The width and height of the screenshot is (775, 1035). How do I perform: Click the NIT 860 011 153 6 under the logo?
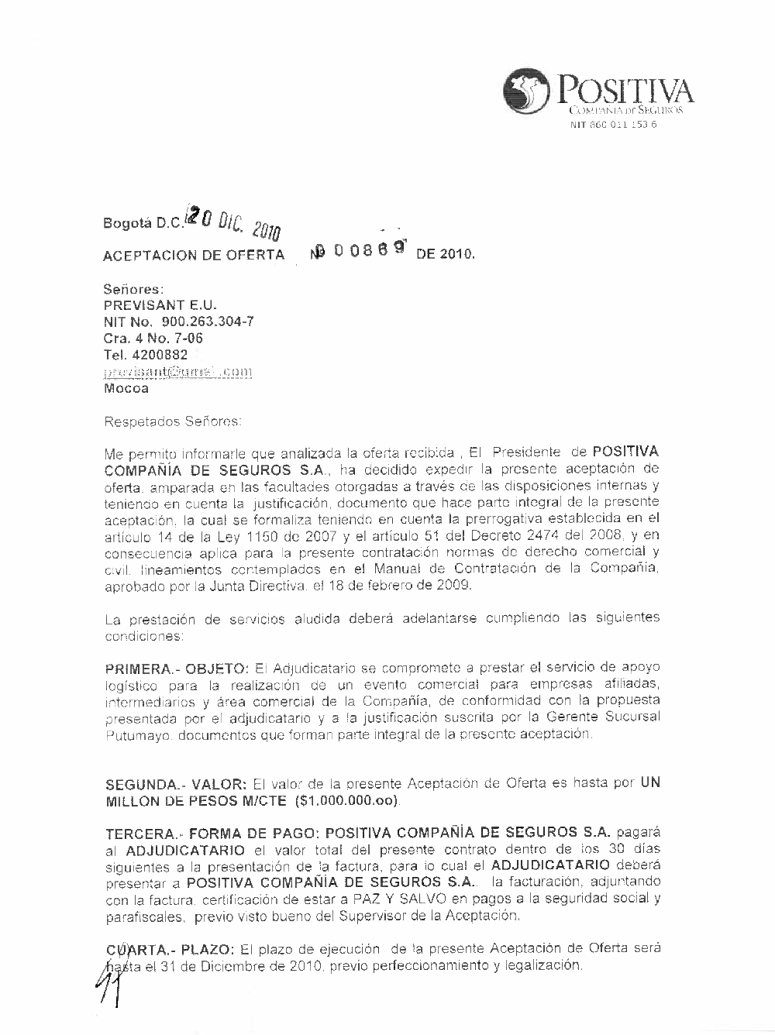(613, 125)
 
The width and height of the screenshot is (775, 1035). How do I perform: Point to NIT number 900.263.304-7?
(178, 322)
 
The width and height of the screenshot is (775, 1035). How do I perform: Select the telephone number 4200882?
(146, 355)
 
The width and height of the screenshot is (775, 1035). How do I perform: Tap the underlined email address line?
(178, 372)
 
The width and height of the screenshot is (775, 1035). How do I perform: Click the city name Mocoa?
(126, 389)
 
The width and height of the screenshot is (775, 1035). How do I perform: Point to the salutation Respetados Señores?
(173, 422)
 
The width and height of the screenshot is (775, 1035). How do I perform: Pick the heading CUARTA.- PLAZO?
(170, 949)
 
